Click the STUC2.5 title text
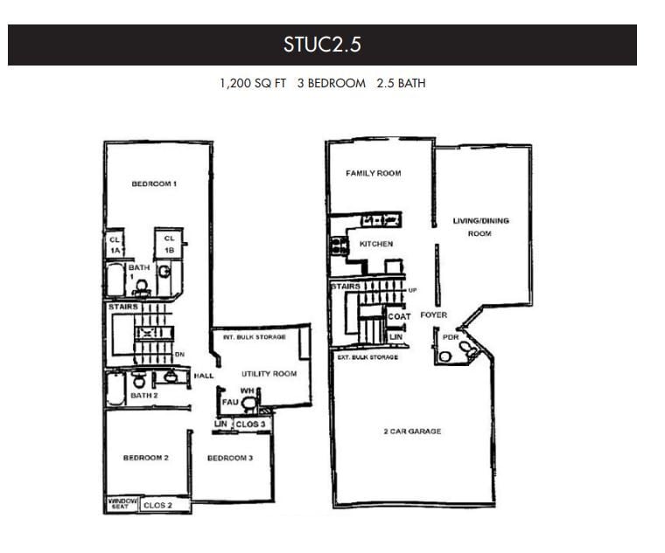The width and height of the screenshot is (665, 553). tap(322, 45)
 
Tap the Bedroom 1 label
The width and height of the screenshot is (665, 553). tap(155, 183)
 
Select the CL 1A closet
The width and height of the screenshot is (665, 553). tap(115, 244)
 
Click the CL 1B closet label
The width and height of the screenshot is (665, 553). tap(169, 244)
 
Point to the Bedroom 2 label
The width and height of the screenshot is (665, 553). tap(145, 458)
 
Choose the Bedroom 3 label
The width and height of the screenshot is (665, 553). tap(230, 458)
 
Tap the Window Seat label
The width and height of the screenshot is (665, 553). tap(118, 504)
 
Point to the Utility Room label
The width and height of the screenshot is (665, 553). tap(269, 374)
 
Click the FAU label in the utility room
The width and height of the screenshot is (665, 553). tap(231, 402)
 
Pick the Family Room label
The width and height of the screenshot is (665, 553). tap(374, 173)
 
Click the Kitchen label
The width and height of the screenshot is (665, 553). tap(376, 244)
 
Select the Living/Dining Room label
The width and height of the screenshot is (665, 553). tap(480, 227)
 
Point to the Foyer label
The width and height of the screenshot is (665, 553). tap(434, 315)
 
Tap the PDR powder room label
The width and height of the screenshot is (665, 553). tap(451, 336)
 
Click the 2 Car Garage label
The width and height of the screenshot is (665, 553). tap(412, 432)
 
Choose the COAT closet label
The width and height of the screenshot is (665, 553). tap(400, 316)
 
